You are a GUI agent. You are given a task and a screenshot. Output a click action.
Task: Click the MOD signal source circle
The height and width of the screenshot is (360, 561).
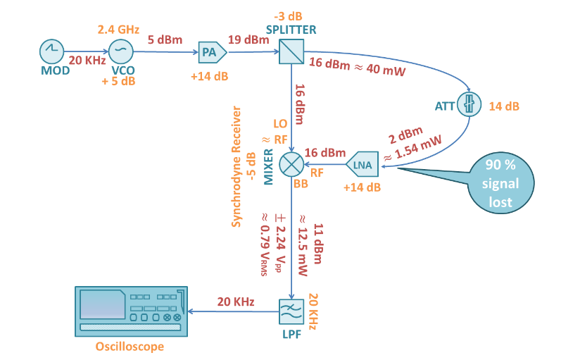pyautogui.click(x=52, y=51)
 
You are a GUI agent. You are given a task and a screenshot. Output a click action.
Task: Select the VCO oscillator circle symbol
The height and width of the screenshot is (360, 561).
pyautogui.click(x=120, y=51)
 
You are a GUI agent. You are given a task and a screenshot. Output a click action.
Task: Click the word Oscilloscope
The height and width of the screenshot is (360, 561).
pyautogui.click(x=130, y=347)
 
